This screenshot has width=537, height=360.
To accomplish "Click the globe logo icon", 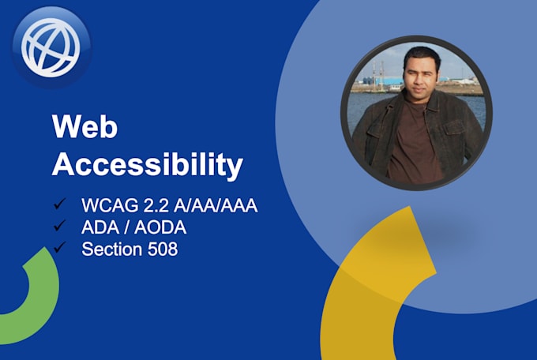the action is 51,47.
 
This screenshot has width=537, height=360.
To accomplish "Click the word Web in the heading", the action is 84,126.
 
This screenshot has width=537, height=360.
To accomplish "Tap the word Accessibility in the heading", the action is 147,164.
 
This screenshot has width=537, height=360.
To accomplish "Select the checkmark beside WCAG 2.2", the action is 59,203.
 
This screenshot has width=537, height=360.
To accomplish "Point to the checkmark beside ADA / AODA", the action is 59,225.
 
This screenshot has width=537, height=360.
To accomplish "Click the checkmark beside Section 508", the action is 59,247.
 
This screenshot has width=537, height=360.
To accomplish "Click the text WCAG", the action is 110,205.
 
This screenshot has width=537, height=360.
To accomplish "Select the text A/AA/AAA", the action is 216,205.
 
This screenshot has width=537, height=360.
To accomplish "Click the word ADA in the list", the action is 100,227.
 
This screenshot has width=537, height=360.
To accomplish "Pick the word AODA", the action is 160,227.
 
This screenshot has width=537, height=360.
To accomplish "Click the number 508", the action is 163,249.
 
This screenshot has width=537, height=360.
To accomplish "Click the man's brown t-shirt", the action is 414,144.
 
